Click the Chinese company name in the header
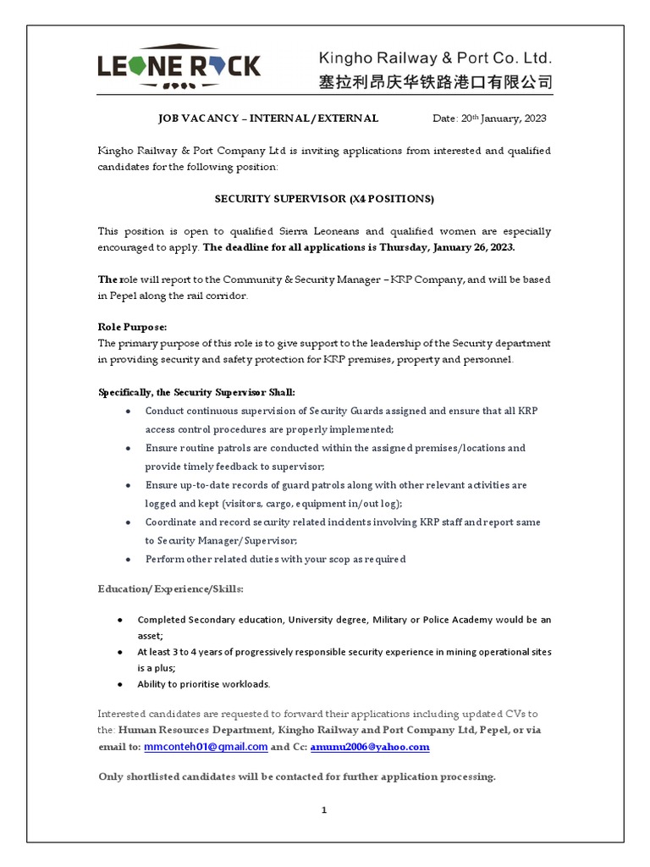[x=434, y=83]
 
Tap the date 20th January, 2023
[x=489, y=119]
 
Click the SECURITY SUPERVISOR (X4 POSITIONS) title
[x=324, y=198]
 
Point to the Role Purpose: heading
[x=133, y=327]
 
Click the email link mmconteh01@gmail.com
[x=206, y=747]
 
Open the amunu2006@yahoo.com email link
[x=370, y=747]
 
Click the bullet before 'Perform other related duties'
[x=127, y=559]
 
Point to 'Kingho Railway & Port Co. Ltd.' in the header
[x=434, y=58]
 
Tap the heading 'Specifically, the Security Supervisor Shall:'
[x=197, y=393]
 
